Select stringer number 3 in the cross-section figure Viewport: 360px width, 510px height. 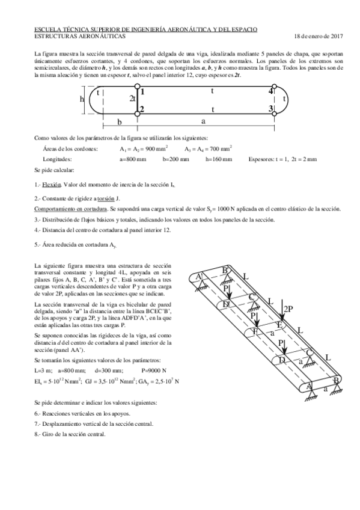pyautogui.click(x=305, y=109)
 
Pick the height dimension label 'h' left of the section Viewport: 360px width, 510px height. pyautogui.click(x=82, y=100)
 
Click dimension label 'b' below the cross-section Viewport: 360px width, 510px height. pyautogui.click(x=120, y=121)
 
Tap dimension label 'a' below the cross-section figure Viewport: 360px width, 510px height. pyautogui.click(x=204, y=121)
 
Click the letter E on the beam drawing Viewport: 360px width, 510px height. pyautogui.click(x=278, y=325)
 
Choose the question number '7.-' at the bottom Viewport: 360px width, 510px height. pyautogui.click(x=39, y=423)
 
